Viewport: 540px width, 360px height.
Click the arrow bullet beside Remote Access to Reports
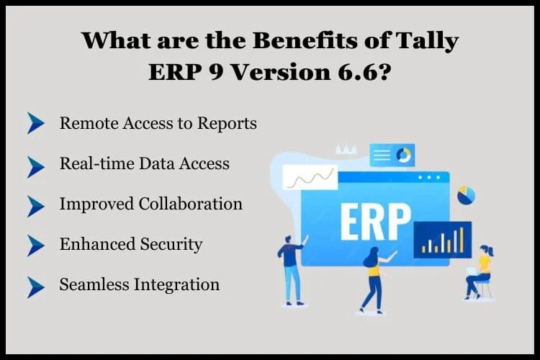coord(36,123)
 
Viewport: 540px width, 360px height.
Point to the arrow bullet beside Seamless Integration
coord(36,287)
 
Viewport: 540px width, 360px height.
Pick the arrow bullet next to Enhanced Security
coord(36,246)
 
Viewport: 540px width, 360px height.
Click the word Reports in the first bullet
coord(227,124)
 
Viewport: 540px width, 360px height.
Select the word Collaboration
coord(191,204)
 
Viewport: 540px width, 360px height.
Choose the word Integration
coord(176,285)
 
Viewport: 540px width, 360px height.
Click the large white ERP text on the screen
coord(375,222)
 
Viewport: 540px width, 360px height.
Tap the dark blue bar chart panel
coord(443,240)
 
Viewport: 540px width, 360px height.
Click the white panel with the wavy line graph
coord(310,177)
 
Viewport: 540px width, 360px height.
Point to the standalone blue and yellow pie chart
coord(467,195)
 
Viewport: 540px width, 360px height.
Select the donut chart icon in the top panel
coord(403,156)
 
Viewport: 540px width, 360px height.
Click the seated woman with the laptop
coord(480,273)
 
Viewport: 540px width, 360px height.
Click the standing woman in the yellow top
coord(376,280)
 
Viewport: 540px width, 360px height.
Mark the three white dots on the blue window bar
coord(429,178)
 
